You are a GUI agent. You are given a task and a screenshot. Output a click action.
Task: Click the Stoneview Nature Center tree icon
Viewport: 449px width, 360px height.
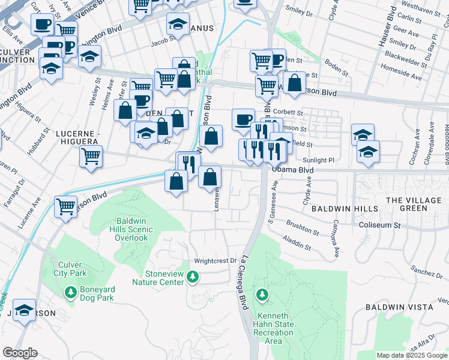pos(193,277)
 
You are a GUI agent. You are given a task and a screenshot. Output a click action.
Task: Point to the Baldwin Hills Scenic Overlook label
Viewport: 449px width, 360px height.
pos(132,229)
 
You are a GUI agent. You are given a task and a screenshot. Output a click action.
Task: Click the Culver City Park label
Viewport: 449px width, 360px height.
pos(74,269)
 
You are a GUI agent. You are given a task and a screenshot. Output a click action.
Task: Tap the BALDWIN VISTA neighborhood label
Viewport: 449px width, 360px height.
pos(399,307)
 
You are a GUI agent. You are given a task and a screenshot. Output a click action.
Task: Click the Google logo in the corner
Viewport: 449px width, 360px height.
pos(20,353)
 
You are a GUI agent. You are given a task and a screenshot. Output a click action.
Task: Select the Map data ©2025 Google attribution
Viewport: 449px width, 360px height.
pos(412,355)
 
